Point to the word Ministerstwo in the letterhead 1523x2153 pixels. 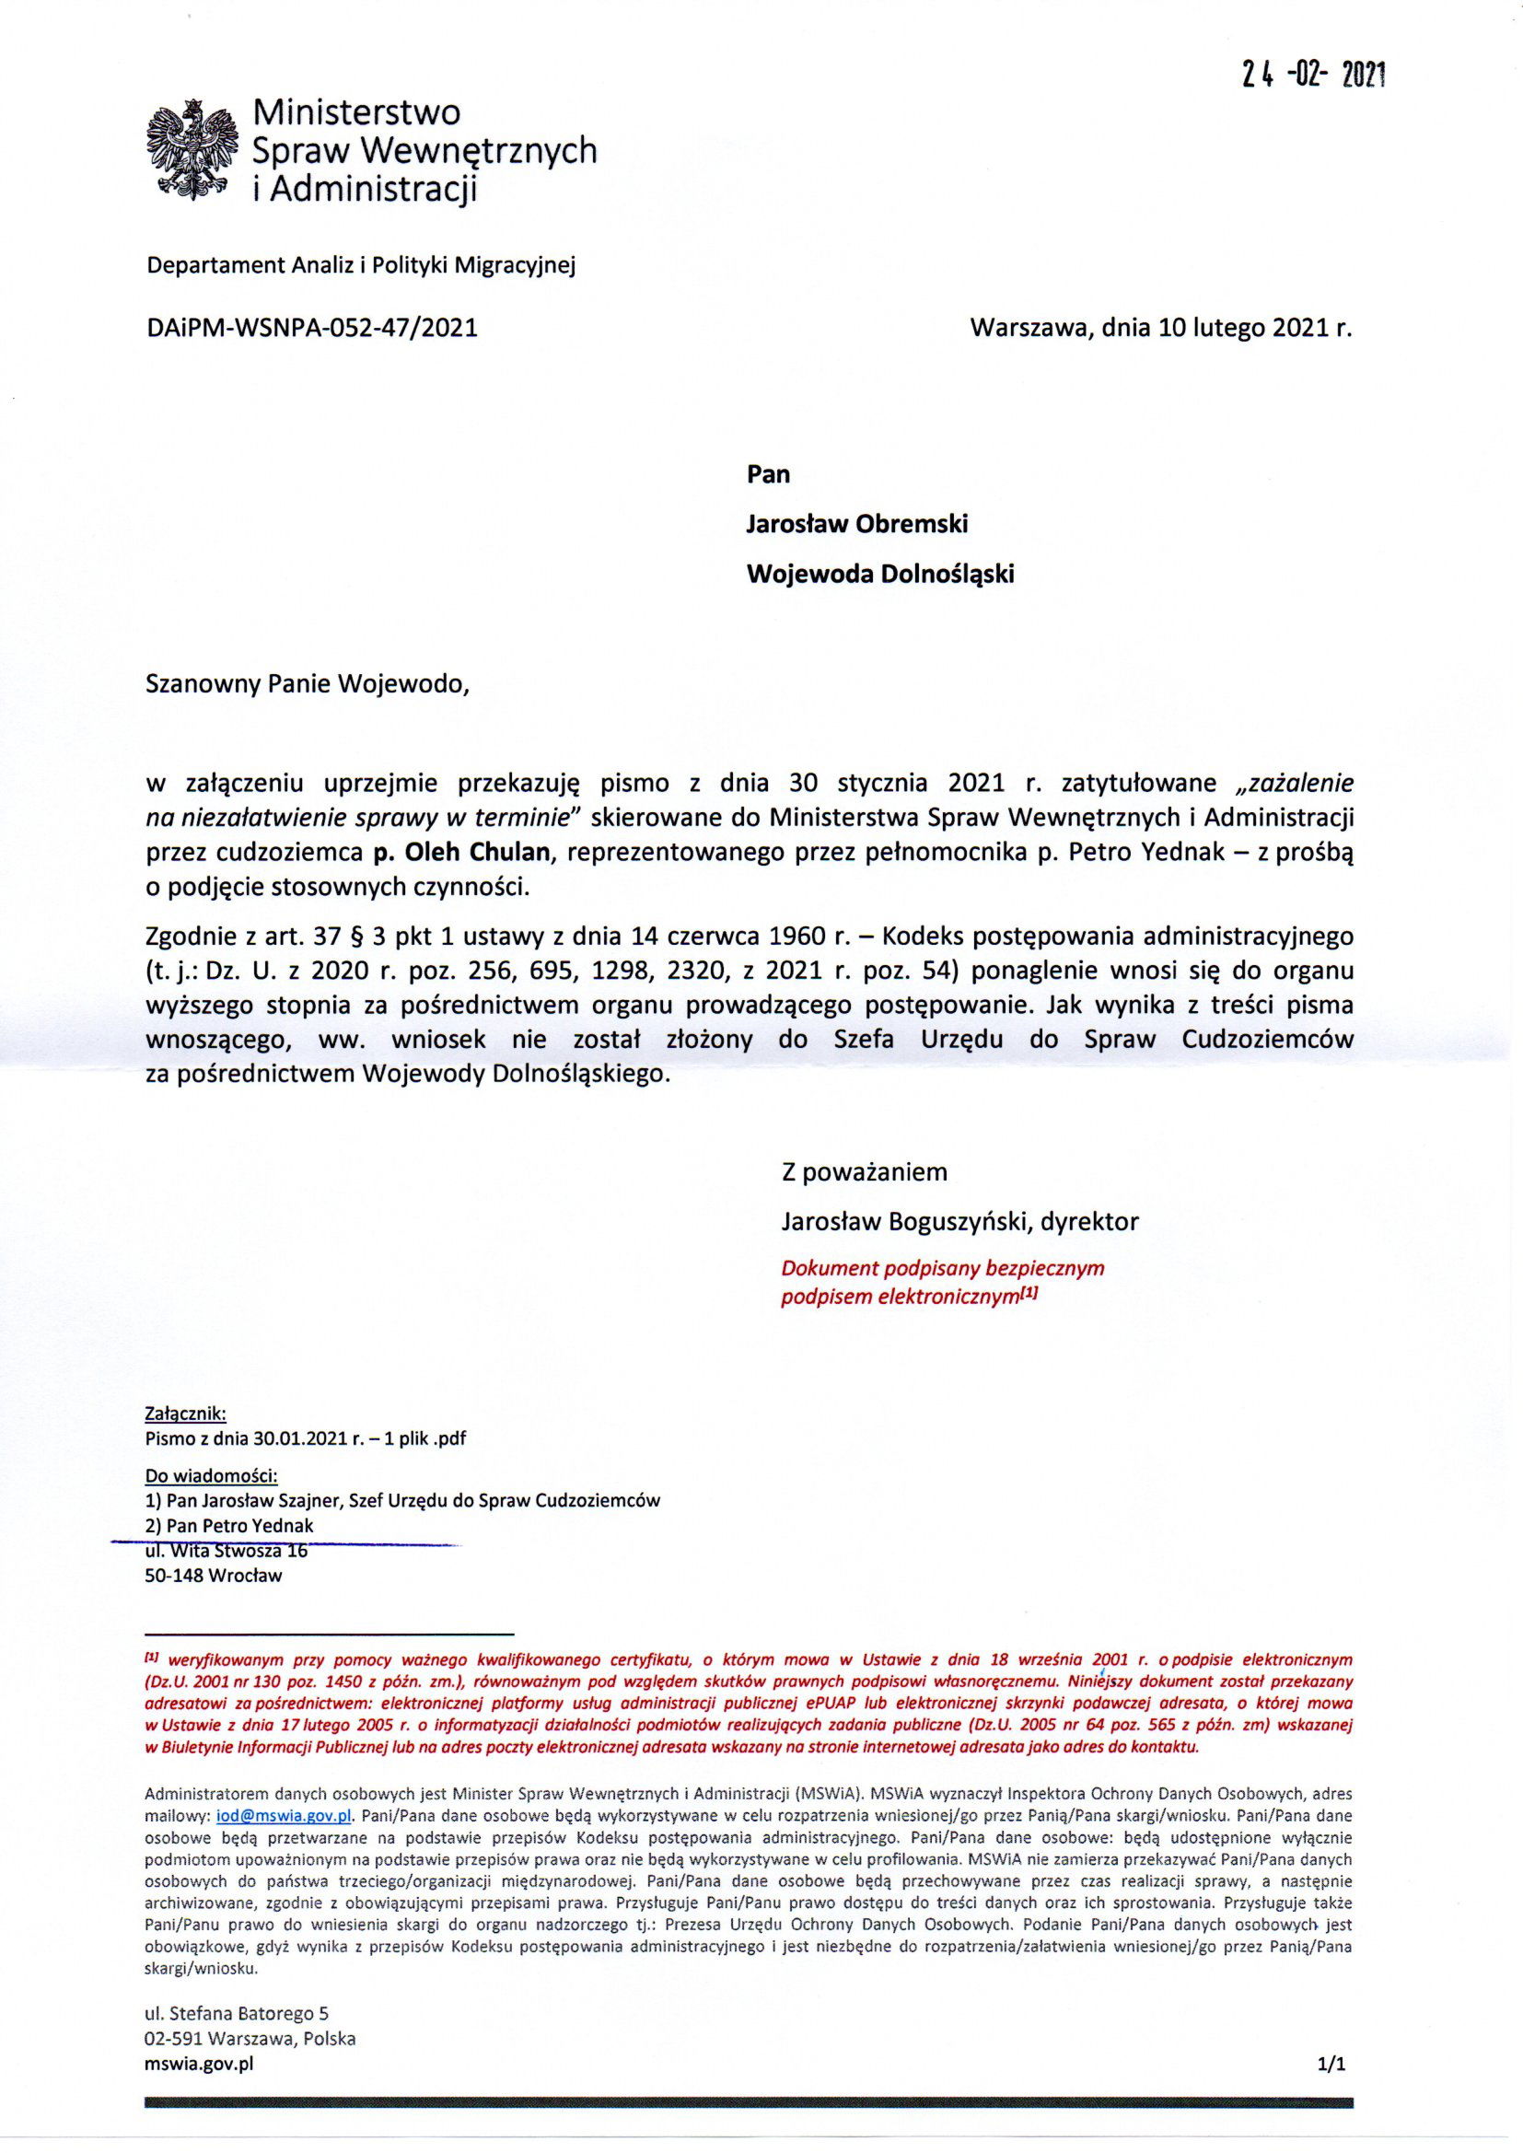click(x=358, y=113)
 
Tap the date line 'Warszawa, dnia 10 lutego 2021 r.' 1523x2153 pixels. click(x=1162, y=328)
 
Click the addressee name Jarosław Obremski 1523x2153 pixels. click(x=856, y=523)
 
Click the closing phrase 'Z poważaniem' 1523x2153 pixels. click(x=864, y=1171)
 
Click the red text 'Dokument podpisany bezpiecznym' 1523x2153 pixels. click(x=943, y=1269)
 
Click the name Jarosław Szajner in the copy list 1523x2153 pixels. click(x=273, y=1499)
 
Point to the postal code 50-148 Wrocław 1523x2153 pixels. click(x=214, y=1576)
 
